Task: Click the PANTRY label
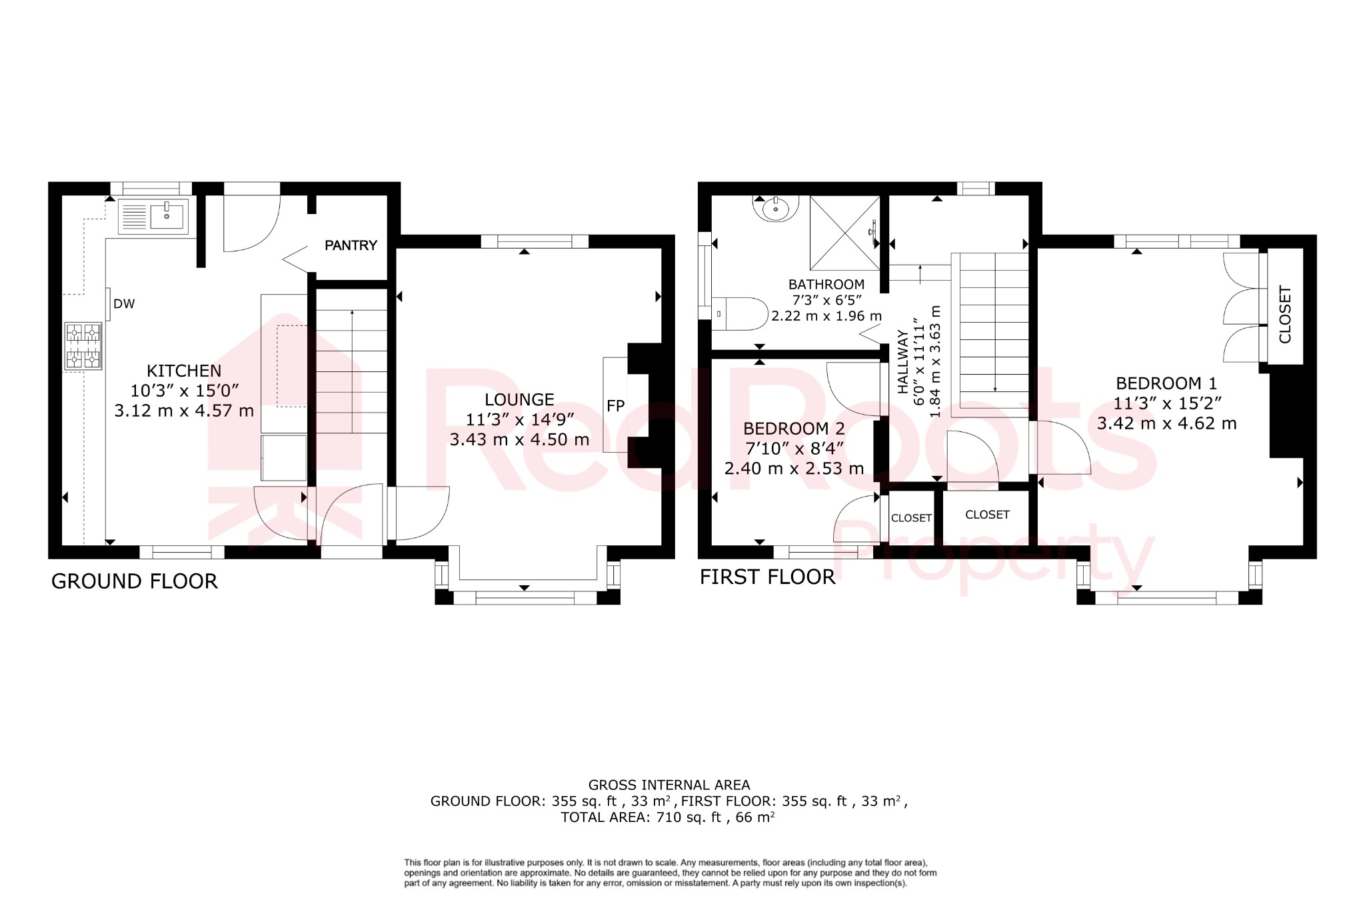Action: pos(351,245)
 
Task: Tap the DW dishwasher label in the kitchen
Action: pos(124,304)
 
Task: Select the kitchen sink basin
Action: pos(167,216)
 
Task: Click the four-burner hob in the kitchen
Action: pos(83,346)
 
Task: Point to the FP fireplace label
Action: pos(615,405)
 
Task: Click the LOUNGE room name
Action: pos(519,399)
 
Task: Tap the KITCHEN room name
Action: pos(184,371)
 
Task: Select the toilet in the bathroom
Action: pos(740,314)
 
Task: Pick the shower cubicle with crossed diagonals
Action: pos(844,232)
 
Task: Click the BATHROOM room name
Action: pos(826,284)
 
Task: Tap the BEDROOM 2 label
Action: pos(794,428)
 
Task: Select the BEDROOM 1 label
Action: pos(1166,383)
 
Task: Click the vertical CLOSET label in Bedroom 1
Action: pos(1285,314)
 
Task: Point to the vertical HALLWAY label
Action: pos(902,361)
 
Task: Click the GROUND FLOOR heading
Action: pos(135,581)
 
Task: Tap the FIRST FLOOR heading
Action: pos(767,577)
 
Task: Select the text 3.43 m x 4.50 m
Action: pos(519,439)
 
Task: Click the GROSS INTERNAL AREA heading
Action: pos(669,785)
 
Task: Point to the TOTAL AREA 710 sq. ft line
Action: pos(667,817)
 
